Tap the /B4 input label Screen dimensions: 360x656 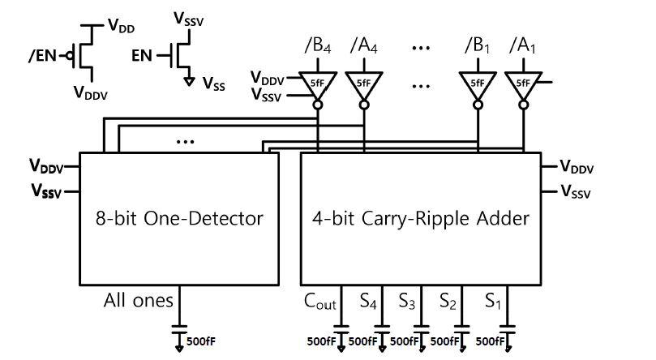click(319, 45)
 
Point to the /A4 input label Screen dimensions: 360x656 click(363, 45)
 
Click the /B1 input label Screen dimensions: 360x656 click(478, 45)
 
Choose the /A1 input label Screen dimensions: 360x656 click(523, 45)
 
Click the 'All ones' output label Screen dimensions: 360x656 click(138, 301)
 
